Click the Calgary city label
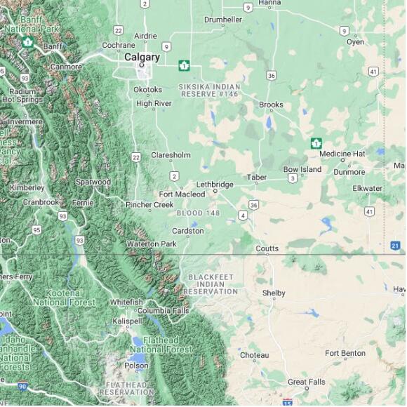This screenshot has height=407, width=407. pyautogui.click(x=142, y=58)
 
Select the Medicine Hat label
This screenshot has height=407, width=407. pyautogui.click(x=342, y=154)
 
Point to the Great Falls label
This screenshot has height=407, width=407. pyautogui.click(x=307, y=382)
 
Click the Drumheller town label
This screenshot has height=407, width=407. pyautogui.click(x=222, y=20)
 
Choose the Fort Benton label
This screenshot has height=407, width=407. pyautogui.click(x=345, y=354)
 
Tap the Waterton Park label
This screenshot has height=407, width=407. pyautogui.click(x=151, y=243)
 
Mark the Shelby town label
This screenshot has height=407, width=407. pyautogui.click(x=274, y=293)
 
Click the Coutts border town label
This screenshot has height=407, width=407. pyautogui.click(x=267, y=248)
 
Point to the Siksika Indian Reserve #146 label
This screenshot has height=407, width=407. pyautogui.click(x=209, y=90)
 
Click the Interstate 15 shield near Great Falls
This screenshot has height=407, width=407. pyautogui.click(x=287, y=403)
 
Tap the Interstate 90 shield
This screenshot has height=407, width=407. pyautogui.click(x=23, y=386)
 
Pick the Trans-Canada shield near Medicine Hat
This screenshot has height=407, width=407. pyautogui.click(x=316, y=143)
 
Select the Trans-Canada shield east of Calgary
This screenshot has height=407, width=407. pyautogui.click(x=184, y=65)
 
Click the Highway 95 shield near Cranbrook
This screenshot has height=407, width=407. pyautogui.click(x=36, y=229)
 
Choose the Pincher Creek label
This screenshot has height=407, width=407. pyautogui.click(x=149, y=205)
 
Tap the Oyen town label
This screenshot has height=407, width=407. pyautogui.click(x=355, y=42)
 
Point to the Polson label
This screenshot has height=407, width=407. pyautogui.click(x=136, y=366)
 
